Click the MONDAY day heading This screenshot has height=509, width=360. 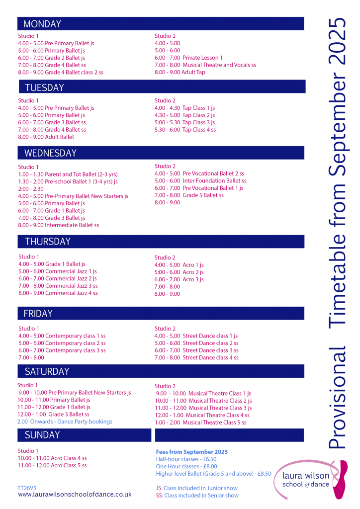point(42,24)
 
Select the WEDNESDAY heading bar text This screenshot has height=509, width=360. point(50,153)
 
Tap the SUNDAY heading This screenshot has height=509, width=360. point(42,435)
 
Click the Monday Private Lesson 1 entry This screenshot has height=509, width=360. point(188,58)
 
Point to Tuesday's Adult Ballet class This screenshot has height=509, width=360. point(46,137)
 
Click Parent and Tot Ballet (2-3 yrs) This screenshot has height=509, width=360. point(68,174)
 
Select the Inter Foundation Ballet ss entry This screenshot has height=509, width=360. point(200,181)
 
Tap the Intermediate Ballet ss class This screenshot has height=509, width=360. point(58,225)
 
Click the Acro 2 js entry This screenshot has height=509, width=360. point(179,272)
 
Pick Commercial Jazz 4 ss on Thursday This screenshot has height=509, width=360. point(58,293)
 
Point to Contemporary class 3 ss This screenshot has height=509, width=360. point(62,350)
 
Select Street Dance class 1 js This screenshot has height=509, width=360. point(196,336)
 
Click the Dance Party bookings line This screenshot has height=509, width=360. point(65,422)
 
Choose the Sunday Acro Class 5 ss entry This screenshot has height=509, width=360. point(52,465)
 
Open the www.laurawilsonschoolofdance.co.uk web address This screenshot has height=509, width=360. point(75,494)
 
